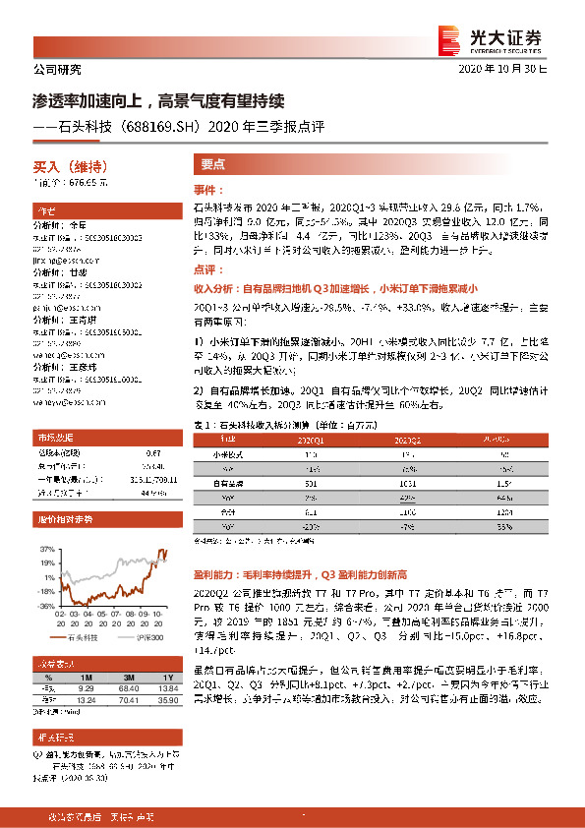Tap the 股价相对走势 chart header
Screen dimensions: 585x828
[58, 518]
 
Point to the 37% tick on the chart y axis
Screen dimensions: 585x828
[47, 548]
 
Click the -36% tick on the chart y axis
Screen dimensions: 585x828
[46, 608]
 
